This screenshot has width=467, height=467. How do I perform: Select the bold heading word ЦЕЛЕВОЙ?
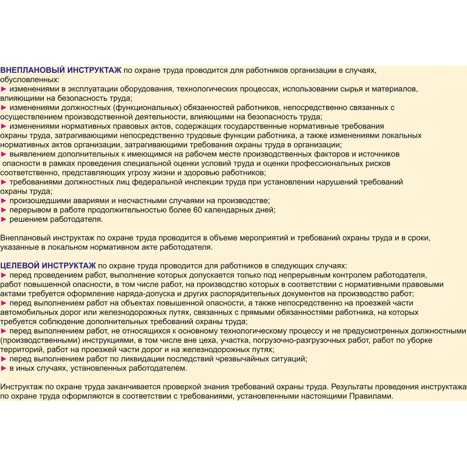[20, 266]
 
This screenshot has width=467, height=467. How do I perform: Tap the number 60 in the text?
[198, 210]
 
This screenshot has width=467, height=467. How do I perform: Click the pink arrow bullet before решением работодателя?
[4, 219]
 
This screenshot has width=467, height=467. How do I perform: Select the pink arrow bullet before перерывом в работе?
[4, 210]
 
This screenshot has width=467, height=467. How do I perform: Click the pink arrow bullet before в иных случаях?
[4, 368]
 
